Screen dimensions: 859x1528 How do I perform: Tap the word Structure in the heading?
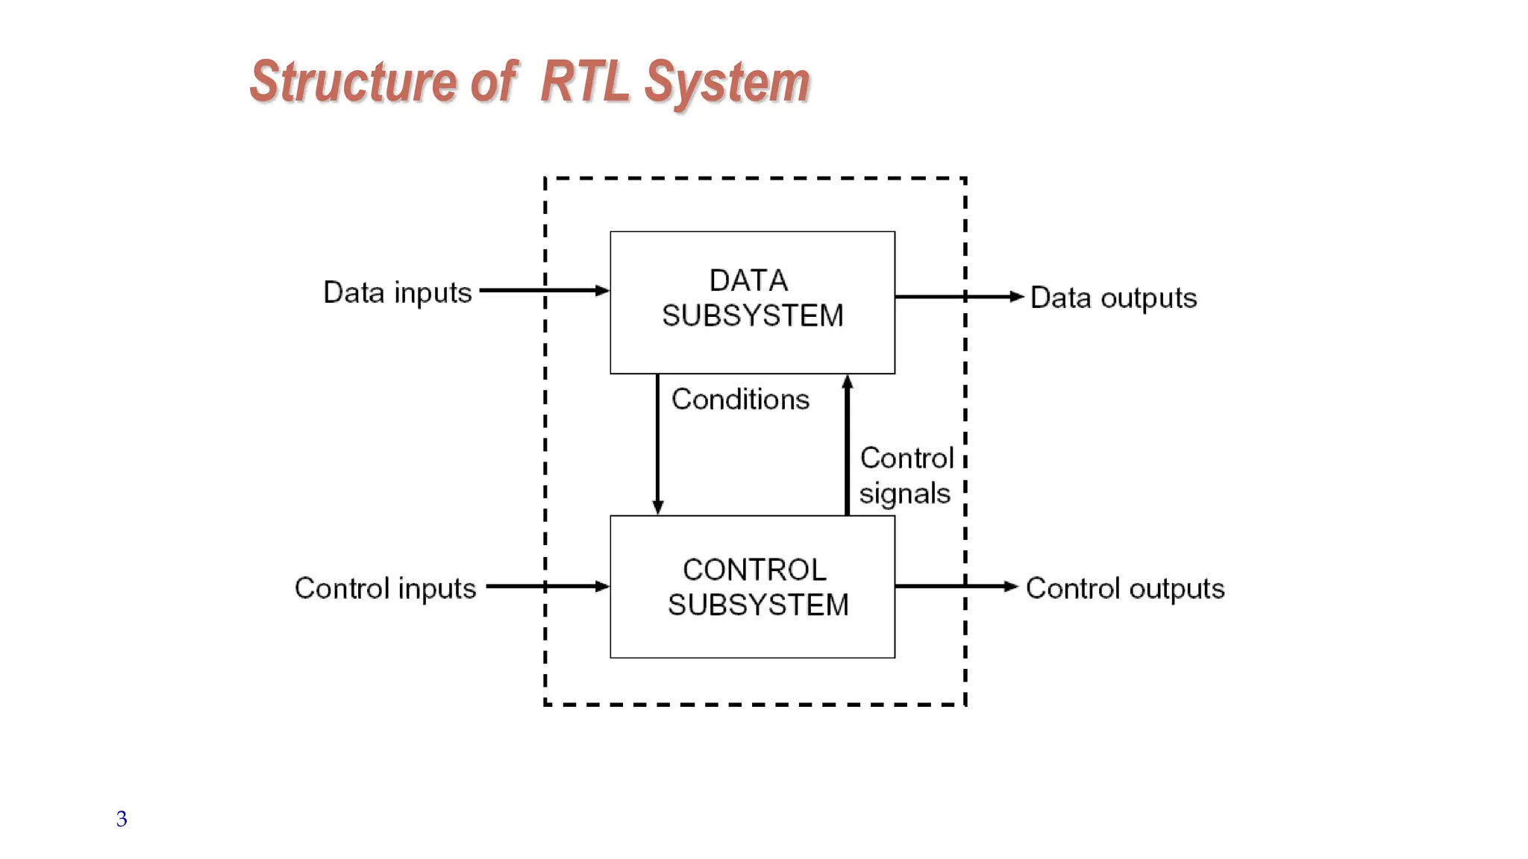[353, 81]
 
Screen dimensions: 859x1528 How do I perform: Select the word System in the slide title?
[727, 83]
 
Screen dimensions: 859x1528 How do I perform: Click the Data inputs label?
[397, 293]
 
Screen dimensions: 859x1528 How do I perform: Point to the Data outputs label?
[1113, 298]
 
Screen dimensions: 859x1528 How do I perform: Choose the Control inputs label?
[385, 588]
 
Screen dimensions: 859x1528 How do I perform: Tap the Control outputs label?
[1125, 588]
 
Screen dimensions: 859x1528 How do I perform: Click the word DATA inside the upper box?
[748, 281]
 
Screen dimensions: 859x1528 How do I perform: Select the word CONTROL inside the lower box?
[754, 570]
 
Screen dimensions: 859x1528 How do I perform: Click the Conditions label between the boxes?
[740, 400]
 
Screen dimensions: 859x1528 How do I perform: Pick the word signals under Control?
[904, 494]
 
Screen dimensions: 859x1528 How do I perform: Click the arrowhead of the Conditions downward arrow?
[658, 508]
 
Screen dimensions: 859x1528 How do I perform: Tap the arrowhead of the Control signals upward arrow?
[847, 382]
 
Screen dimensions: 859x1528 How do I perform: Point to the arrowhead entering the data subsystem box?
[603, 291]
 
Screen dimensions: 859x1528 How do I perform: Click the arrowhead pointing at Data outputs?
[1016, 297]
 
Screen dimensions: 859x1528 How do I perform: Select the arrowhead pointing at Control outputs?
[1011, 587]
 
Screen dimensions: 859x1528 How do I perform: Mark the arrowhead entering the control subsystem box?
[603, 587]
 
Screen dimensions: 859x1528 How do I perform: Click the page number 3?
[122, 819]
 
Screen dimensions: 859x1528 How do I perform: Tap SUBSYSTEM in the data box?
[752, 316]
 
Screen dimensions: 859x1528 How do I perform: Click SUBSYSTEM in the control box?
[758, 605]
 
